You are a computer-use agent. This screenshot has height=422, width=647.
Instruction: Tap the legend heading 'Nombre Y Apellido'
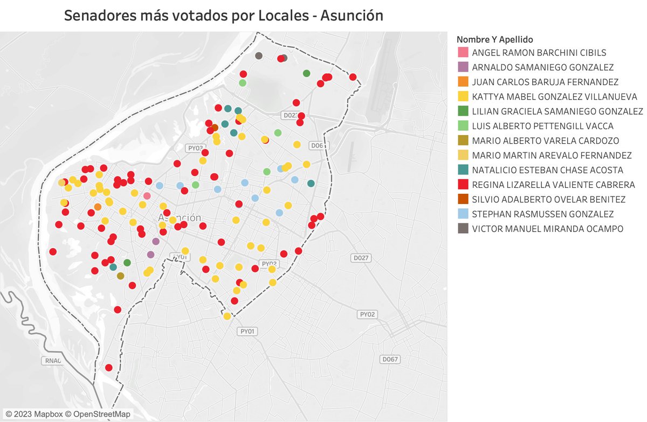coord(494,39)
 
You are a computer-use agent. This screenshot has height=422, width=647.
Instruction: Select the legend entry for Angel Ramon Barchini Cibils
coord(539,53)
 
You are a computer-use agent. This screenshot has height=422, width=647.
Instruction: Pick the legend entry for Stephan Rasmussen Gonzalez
coord(542,214)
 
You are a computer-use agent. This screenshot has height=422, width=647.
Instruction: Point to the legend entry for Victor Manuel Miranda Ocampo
coord(547,229)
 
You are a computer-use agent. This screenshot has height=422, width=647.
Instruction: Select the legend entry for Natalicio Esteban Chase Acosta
coord(547,170)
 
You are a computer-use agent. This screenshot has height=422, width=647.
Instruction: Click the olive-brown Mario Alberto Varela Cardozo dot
coord(120,276)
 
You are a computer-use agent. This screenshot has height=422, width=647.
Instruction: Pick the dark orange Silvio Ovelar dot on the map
coord(215,128)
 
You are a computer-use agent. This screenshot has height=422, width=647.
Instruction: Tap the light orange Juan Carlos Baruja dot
coord(98,207)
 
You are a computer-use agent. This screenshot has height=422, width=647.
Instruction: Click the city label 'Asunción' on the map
coord(180,217)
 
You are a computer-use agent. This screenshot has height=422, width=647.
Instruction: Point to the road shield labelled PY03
coord(195,147)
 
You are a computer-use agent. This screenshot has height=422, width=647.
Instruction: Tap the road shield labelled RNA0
coord(52,360)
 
